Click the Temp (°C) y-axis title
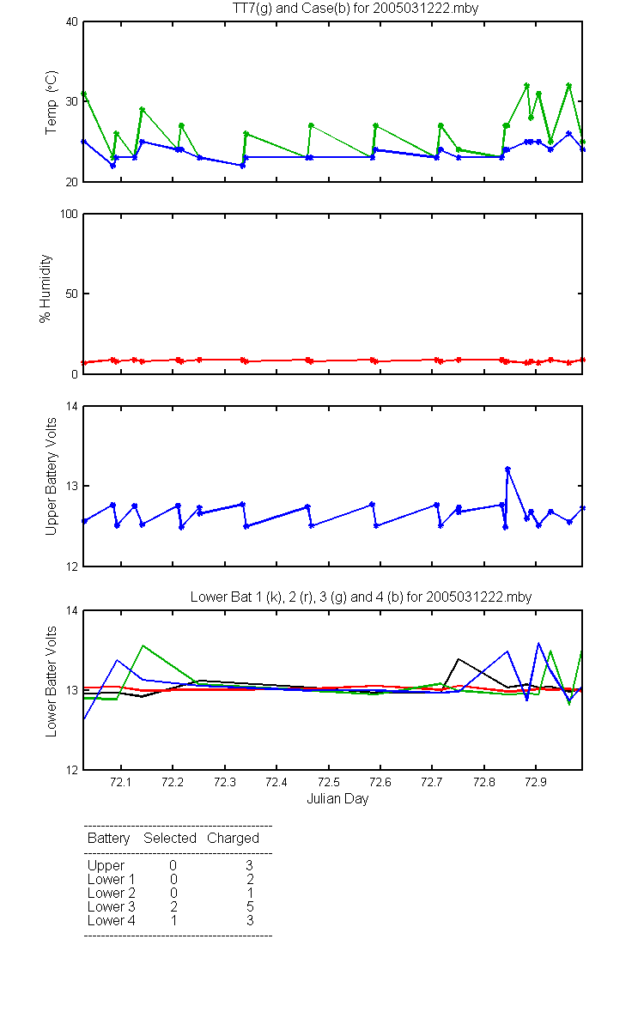(x=51, y=102)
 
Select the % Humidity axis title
(x=45, y=288)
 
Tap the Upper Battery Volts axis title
(x=51, y=476)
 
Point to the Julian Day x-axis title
(x=337, y=799)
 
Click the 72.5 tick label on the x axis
(x=328, y=782)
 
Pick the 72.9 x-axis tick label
(x=536, y=782)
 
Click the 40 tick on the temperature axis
(x=72, y=22)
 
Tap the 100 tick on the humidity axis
(x=69, y=215)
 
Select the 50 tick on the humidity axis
(x=72, y=294)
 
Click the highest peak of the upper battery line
(x=507, y=469)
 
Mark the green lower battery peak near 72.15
(x=143, y=645)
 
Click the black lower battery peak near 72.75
(x=459, y=659)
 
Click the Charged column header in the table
(x=233, y=839)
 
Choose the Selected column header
(x=170, y=838)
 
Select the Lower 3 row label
(x=112, y=906)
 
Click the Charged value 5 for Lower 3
(x=250, y=906)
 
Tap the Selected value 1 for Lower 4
(x=173, y=920)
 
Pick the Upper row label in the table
(x=106, y=866)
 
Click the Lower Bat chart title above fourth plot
(x=361, y=597)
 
